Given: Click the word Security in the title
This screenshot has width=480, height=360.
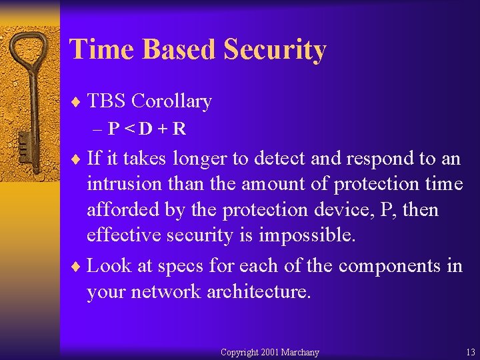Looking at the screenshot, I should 275,49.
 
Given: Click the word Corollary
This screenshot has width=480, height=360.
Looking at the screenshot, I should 171,101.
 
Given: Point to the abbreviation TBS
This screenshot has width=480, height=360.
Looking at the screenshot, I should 107,101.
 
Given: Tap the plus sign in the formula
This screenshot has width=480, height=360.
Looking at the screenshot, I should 163,129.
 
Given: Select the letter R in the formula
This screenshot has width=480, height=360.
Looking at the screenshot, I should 179,129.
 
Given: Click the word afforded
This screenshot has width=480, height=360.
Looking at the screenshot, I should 121,210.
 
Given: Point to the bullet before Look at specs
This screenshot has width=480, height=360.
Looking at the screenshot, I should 75,266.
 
